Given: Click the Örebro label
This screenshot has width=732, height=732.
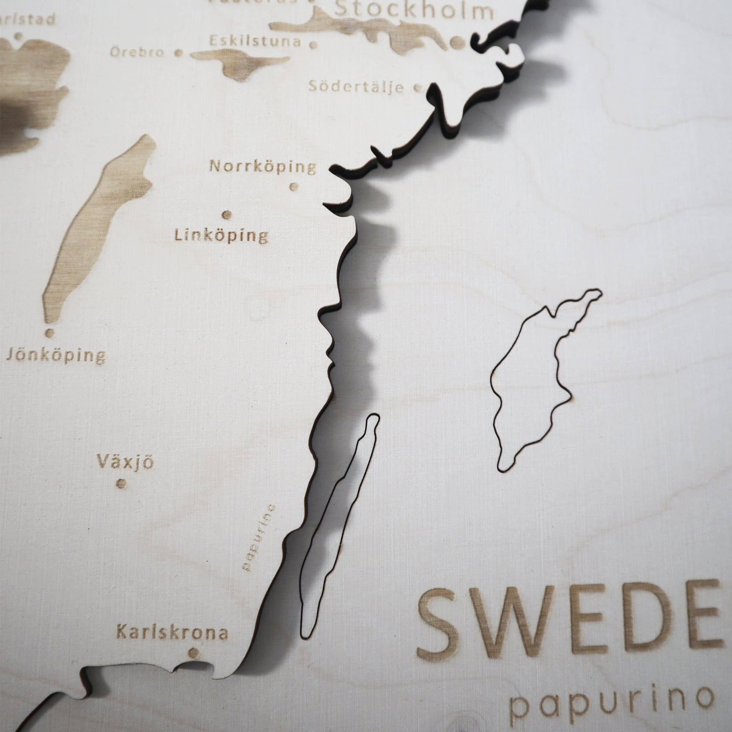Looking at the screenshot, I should [x=137, y=52].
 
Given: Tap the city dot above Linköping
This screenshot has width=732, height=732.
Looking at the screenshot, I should [x=227, y=215].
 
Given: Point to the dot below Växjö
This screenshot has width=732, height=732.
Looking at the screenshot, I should [x=122, y=484].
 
